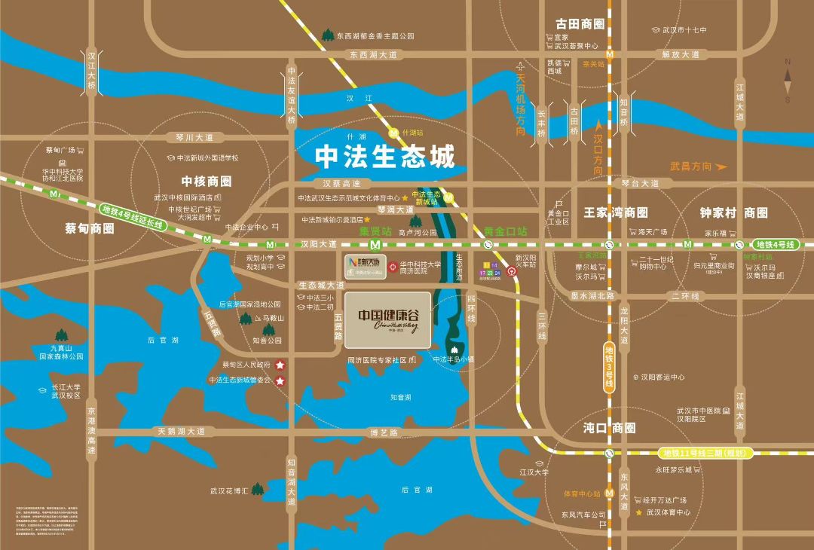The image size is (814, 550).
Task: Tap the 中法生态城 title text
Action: coord(385,157)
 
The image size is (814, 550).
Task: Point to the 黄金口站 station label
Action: coord(506,231)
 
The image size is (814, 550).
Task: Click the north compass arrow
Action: coord(788,79)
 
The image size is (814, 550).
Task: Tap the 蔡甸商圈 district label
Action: coord(90,228)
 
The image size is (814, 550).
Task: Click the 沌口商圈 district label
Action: coord(609,428)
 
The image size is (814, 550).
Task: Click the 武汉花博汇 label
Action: coord(229,491)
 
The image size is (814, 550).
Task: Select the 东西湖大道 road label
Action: coord(372,54)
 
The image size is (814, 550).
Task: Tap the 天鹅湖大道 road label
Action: coord(181,432)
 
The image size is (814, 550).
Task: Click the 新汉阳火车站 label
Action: coord(525,261)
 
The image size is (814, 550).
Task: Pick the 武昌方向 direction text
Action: coord(691,166)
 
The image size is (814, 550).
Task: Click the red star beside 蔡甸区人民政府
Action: coord(280,365)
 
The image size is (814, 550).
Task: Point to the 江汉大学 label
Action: coord(534,472)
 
